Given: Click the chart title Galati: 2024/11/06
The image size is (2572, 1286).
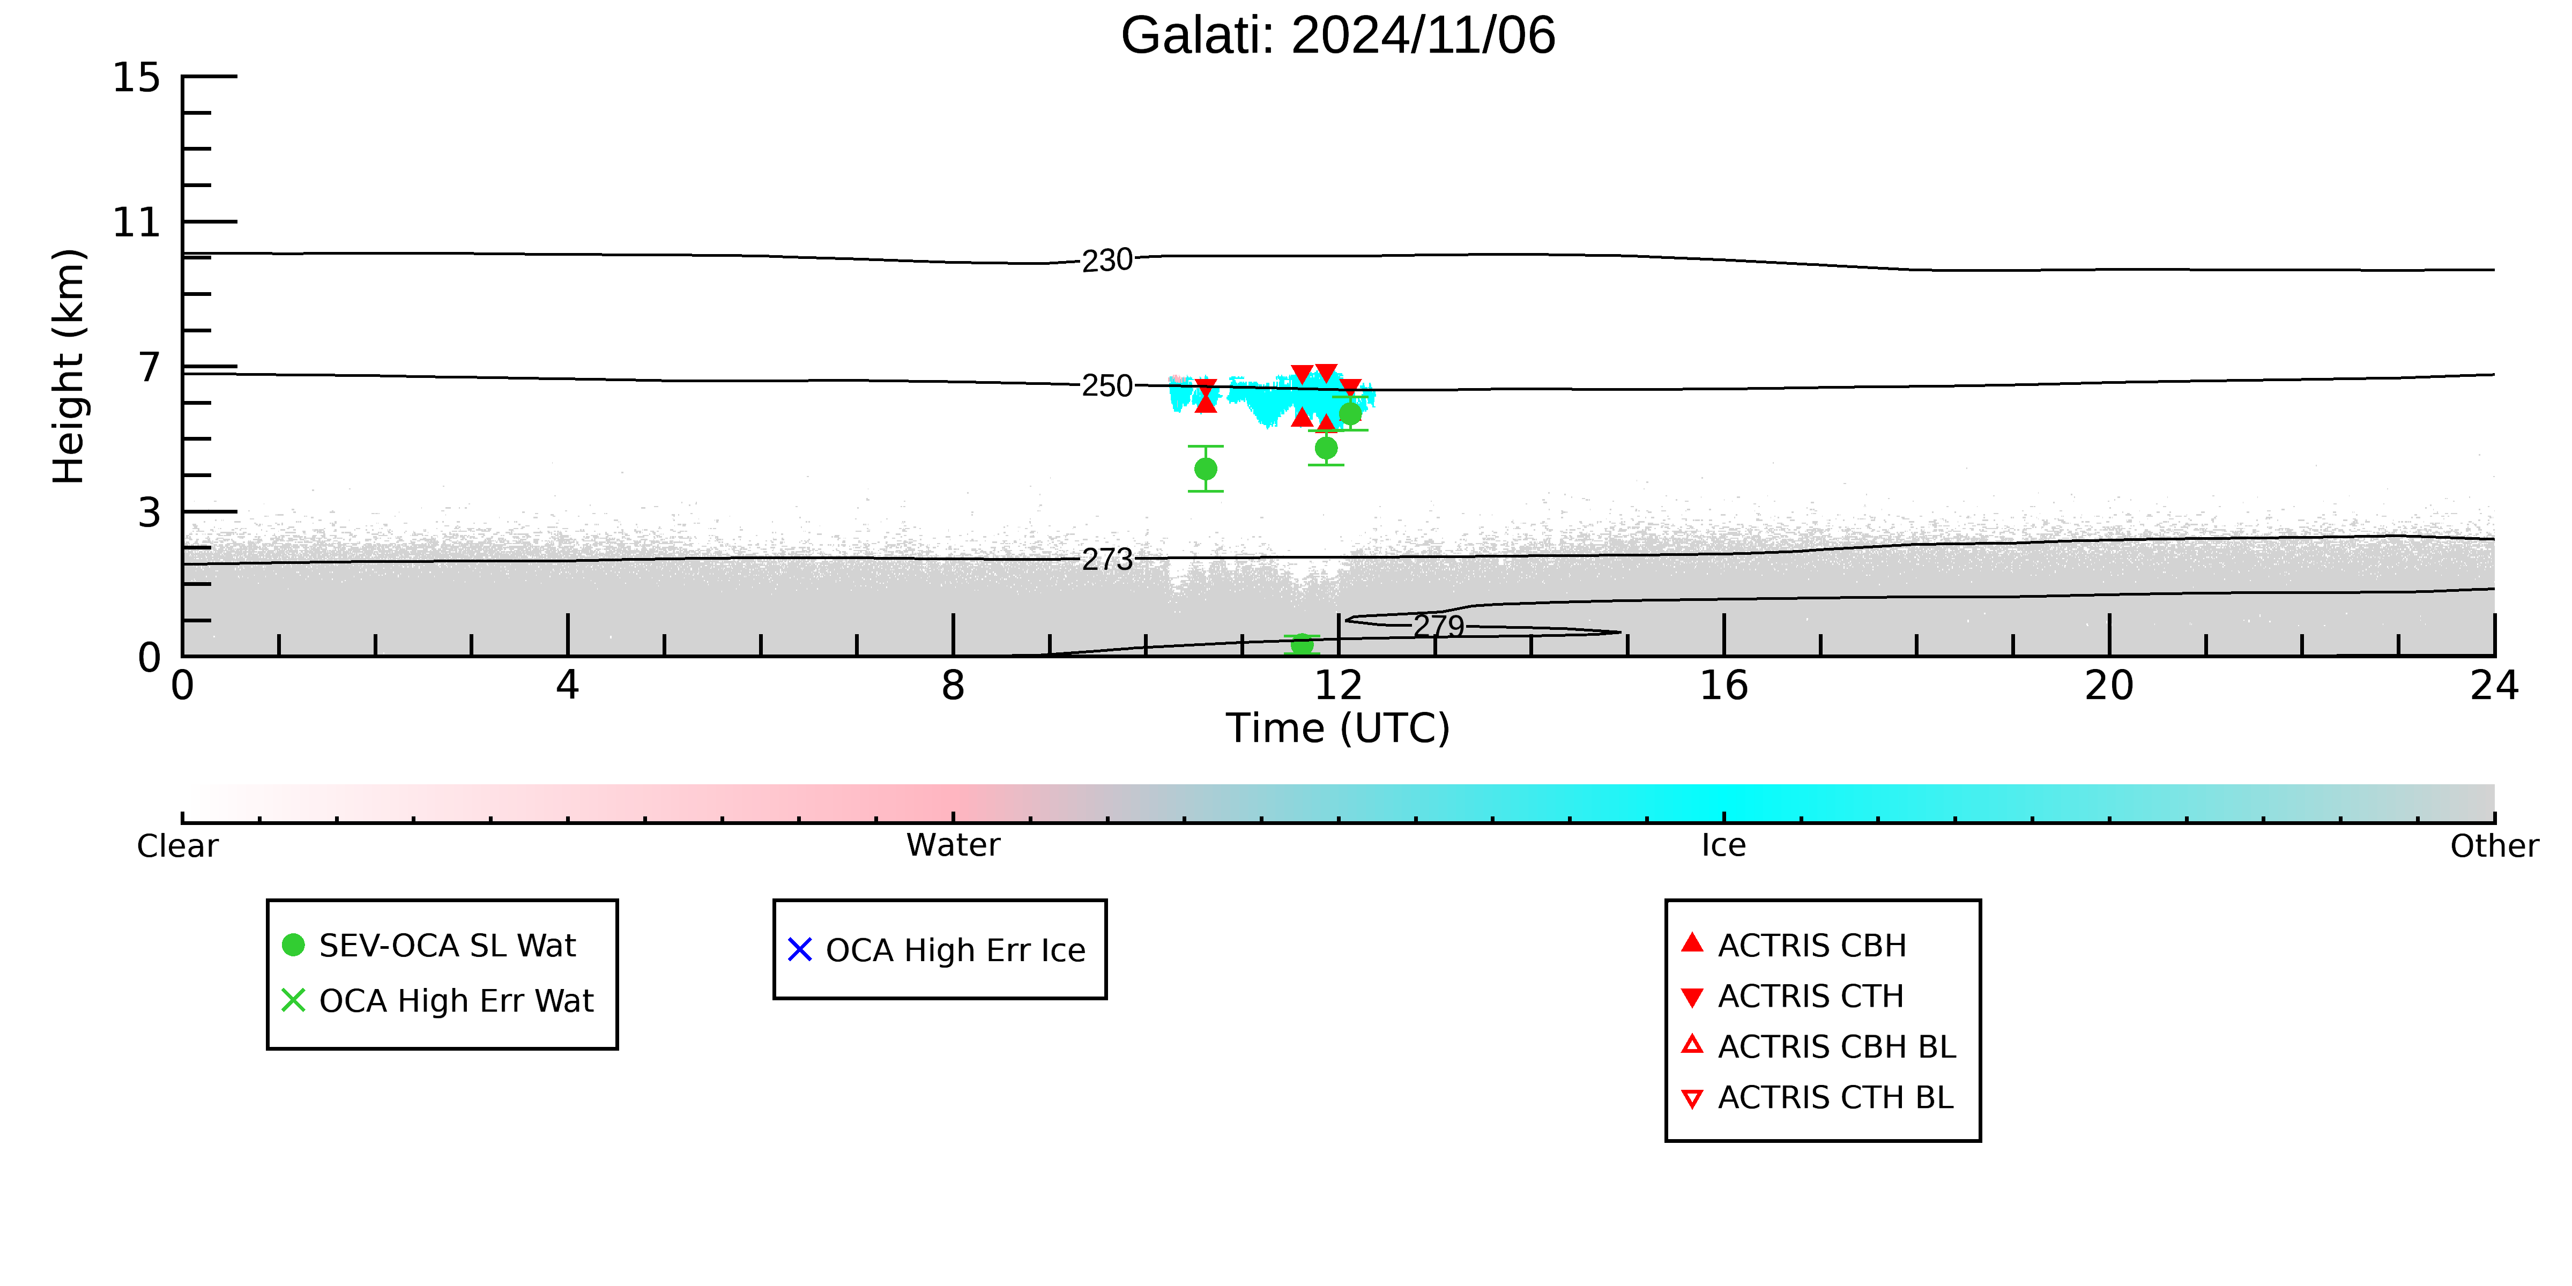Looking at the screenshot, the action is (1338, 36).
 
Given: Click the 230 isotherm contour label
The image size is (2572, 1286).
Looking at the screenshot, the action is (1107, 261).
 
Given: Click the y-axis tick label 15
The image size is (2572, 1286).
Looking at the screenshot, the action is (136, 78).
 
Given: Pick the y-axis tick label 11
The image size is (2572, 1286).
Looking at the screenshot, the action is (136, 222).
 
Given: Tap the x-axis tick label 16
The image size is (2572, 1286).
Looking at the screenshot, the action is (1724, 686).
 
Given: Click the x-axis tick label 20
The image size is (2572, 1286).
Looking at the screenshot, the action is (2110, 686).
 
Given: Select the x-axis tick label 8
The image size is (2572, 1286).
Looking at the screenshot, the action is (954, 686).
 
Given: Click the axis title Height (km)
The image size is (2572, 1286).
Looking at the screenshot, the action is (70, 367).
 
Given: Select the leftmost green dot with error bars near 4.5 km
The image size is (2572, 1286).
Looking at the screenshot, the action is (1206, 469).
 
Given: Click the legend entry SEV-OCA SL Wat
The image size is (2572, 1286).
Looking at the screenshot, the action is (429, 946).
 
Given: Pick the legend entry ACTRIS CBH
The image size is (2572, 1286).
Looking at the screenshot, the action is (1794, 946).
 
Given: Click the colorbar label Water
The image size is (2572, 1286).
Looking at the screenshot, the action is (954, 846).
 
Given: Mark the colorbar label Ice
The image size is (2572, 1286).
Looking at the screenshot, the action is (1724, 846).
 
